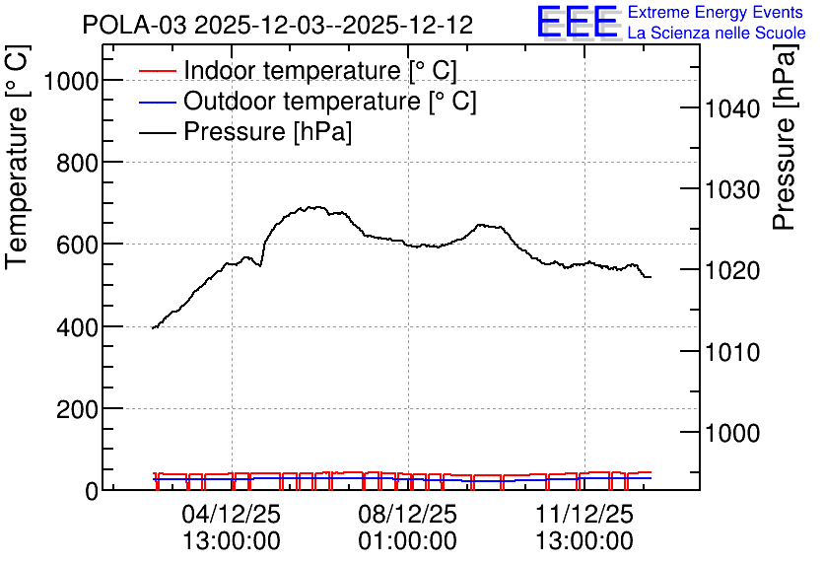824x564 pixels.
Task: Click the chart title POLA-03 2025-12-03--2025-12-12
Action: (278, 25)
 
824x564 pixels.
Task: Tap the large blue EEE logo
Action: (578, 22)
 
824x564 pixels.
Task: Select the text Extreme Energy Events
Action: (716, 12)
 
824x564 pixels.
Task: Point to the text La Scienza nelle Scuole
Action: (717, 33)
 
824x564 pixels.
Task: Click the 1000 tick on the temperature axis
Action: (71, 82)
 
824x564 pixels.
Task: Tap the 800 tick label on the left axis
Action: (77, 164)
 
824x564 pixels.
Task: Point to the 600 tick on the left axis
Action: (77, 245)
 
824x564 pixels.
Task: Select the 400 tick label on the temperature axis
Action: (77, 327)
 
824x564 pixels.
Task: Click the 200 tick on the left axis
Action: (77, 409)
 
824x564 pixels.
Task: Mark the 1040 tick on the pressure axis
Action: (732, 108)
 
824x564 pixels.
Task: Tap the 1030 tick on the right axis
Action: (732, 189)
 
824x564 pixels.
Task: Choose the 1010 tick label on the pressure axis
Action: (732, 352)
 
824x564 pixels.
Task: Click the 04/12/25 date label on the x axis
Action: (232, 514)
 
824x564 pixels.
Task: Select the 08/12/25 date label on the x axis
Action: (408, 514)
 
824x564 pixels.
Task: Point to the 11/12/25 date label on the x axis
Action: (584, 514)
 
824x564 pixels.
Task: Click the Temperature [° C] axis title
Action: (17, 157)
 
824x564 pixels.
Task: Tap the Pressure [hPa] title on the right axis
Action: (784, 137)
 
